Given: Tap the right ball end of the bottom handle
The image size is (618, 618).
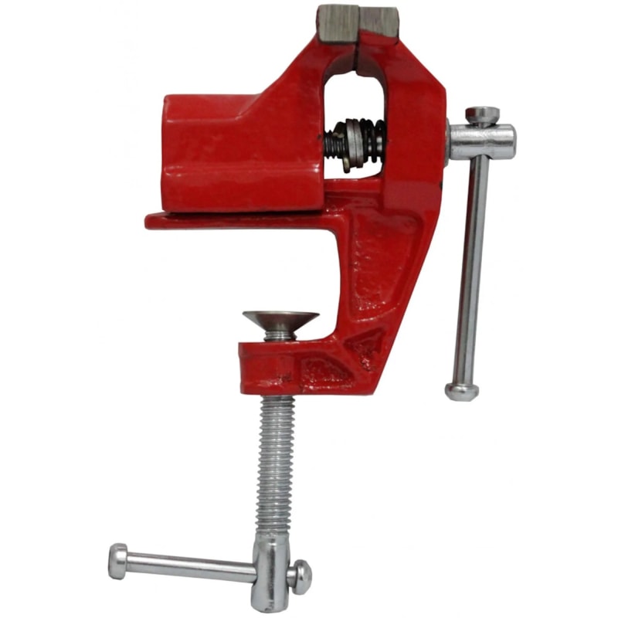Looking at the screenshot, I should (301, 575).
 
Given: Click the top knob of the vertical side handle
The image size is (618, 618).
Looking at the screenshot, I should (482, 115).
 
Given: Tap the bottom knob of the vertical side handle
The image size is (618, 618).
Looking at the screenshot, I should (461, 391).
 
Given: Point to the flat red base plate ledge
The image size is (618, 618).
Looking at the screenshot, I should (232, 221).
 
